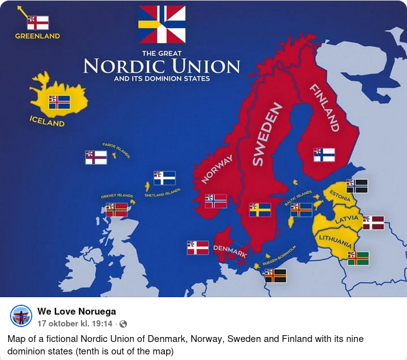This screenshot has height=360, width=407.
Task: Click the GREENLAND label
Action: (37, 36)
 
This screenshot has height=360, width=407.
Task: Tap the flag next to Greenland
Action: (38, 23)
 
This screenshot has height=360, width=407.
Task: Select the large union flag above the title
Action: (162, 24)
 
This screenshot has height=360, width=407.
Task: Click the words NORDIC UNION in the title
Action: (162, 66)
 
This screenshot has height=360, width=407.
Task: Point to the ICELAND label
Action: (47, 121)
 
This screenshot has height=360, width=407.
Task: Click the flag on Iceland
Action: (60, 102)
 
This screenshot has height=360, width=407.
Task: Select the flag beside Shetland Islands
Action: (164, 178)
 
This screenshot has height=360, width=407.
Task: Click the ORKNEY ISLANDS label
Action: (117, 196)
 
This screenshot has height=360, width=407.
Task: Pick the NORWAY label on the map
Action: (217, 169)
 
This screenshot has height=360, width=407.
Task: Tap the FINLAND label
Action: (324, 107)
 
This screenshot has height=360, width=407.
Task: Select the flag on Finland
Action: (324, 155)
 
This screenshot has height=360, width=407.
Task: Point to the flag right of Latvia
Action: (373, 223)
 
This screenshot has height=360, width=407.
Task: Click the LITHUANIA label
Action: (336, 238)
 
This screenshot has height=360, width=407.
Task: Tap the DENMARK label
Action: (230, 250)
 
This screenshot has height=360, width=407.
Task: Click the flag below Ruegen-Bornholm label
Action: (275, 275)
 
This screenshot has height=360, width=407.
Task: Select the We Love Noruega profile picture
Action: (21, 316)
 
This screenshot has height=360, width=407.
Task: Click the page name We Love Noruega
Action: (77, 312)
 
